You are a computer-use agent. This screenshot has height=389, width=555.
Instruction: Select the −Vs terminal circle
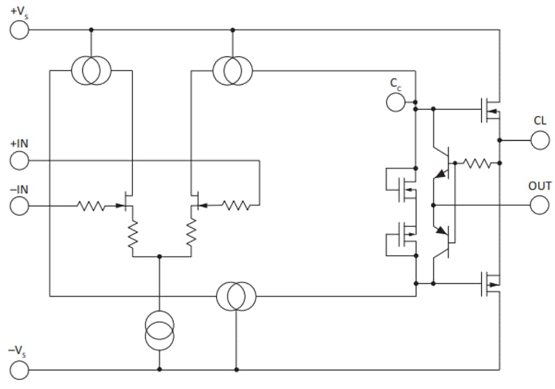click(19, 370)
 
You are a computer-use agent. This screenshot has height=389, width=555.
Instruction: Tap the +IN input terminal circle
click(19, 161)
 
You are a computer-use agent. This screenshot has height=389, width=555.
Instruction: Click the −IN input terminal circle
click(19, 206)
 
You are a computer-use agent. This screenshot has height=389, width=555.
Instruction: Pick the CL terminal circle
click(539, 140)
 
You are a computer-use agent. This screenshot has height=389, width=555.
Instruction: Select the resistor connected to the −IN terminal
click(91, 206)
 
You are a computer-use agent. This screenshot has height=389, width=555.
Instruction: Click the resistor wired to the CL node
click(477, 163)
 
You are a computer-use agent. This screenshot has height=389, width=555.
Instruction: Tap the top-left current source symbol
click(92, 70)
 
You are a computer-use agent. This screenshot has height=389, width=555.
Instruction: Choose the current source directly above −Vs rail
click(159, 330)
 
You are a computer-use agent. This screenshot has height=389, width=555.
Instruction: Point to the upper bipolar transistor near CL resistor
click(443, 162)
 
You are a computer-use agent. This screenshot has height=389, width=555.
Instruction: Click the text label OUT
click(539, 186)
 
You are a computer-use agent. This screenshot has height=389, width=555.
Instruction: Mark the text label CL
click(539, 121)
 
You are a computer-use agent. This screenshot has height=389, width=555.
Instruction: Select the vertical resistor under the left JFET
click(133, 234)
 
